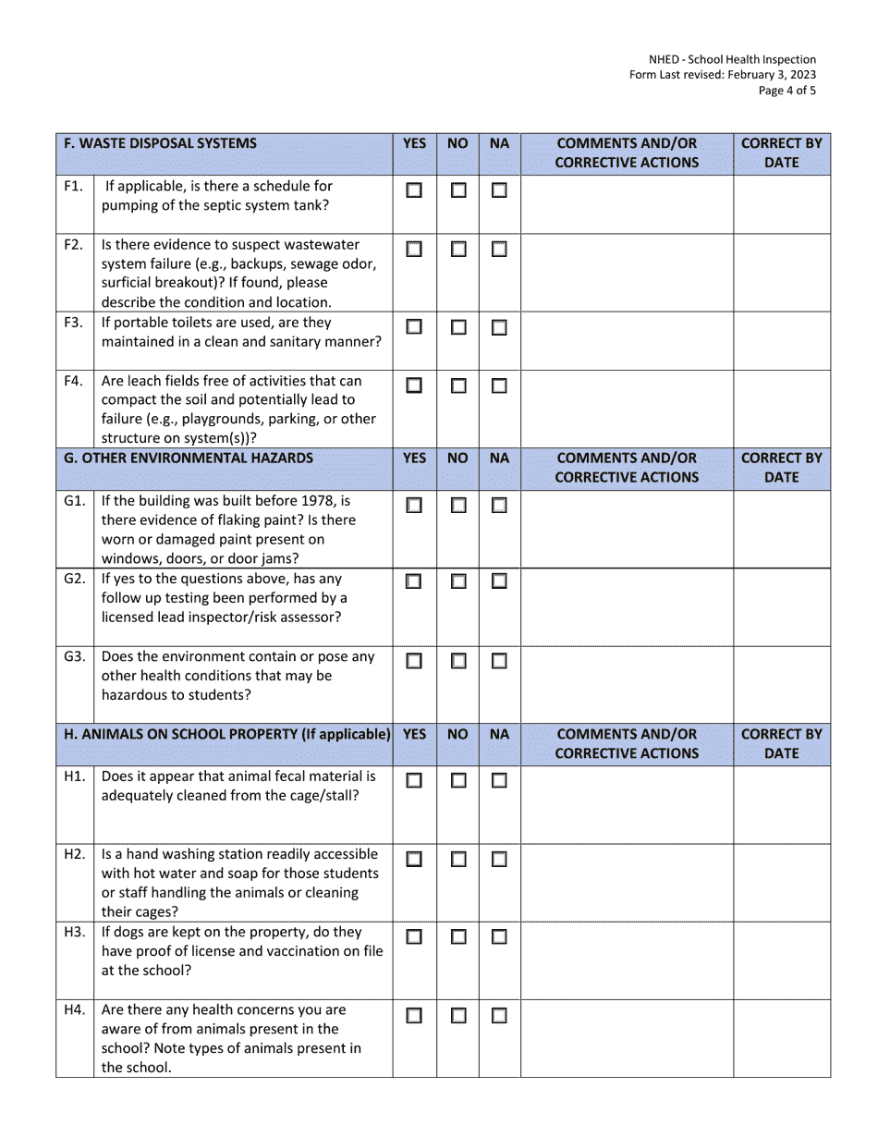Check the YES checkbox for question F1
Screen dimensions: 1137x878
[414, 191]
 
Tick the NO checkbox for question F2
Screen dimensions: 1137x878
[458, 250]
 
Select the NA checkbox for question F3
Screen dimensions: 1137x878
[499, 327]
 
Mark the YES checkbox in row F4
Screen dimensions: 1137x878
[414, 386]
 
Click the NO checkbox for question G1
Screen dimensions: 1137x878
[458, 506]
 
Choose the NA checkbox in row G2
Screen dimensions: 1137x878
[499, 582]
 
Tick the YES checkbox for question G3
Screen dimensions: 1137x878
[414, 661]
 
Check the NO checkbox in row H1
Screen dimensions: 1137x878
[458, 781]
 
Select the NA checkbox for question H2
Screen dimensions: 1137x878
[499, 860]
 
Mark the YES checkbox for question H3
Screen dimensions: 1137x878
[414, 937]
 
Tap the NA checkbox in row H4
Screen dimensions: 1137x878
[499, 1016]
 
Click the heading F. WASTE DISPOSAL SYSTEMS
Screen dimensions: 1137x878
[160, 143]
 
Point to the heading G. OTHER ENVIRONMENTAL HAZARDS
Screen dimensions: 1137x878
[188, 458]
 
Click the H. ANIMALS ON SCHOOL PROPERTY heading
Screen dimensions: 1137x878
[226, 734]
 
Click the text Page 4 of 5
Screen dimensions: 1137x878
[787, 91]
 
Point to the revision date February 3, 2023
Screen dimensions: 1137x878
[763, 75]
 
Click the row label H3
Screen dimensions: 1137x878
[75, 932]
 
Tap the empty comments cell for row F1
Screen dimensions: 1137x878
[627, 203]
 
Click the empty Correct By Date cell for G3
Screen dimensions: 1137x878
[782, 684]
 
